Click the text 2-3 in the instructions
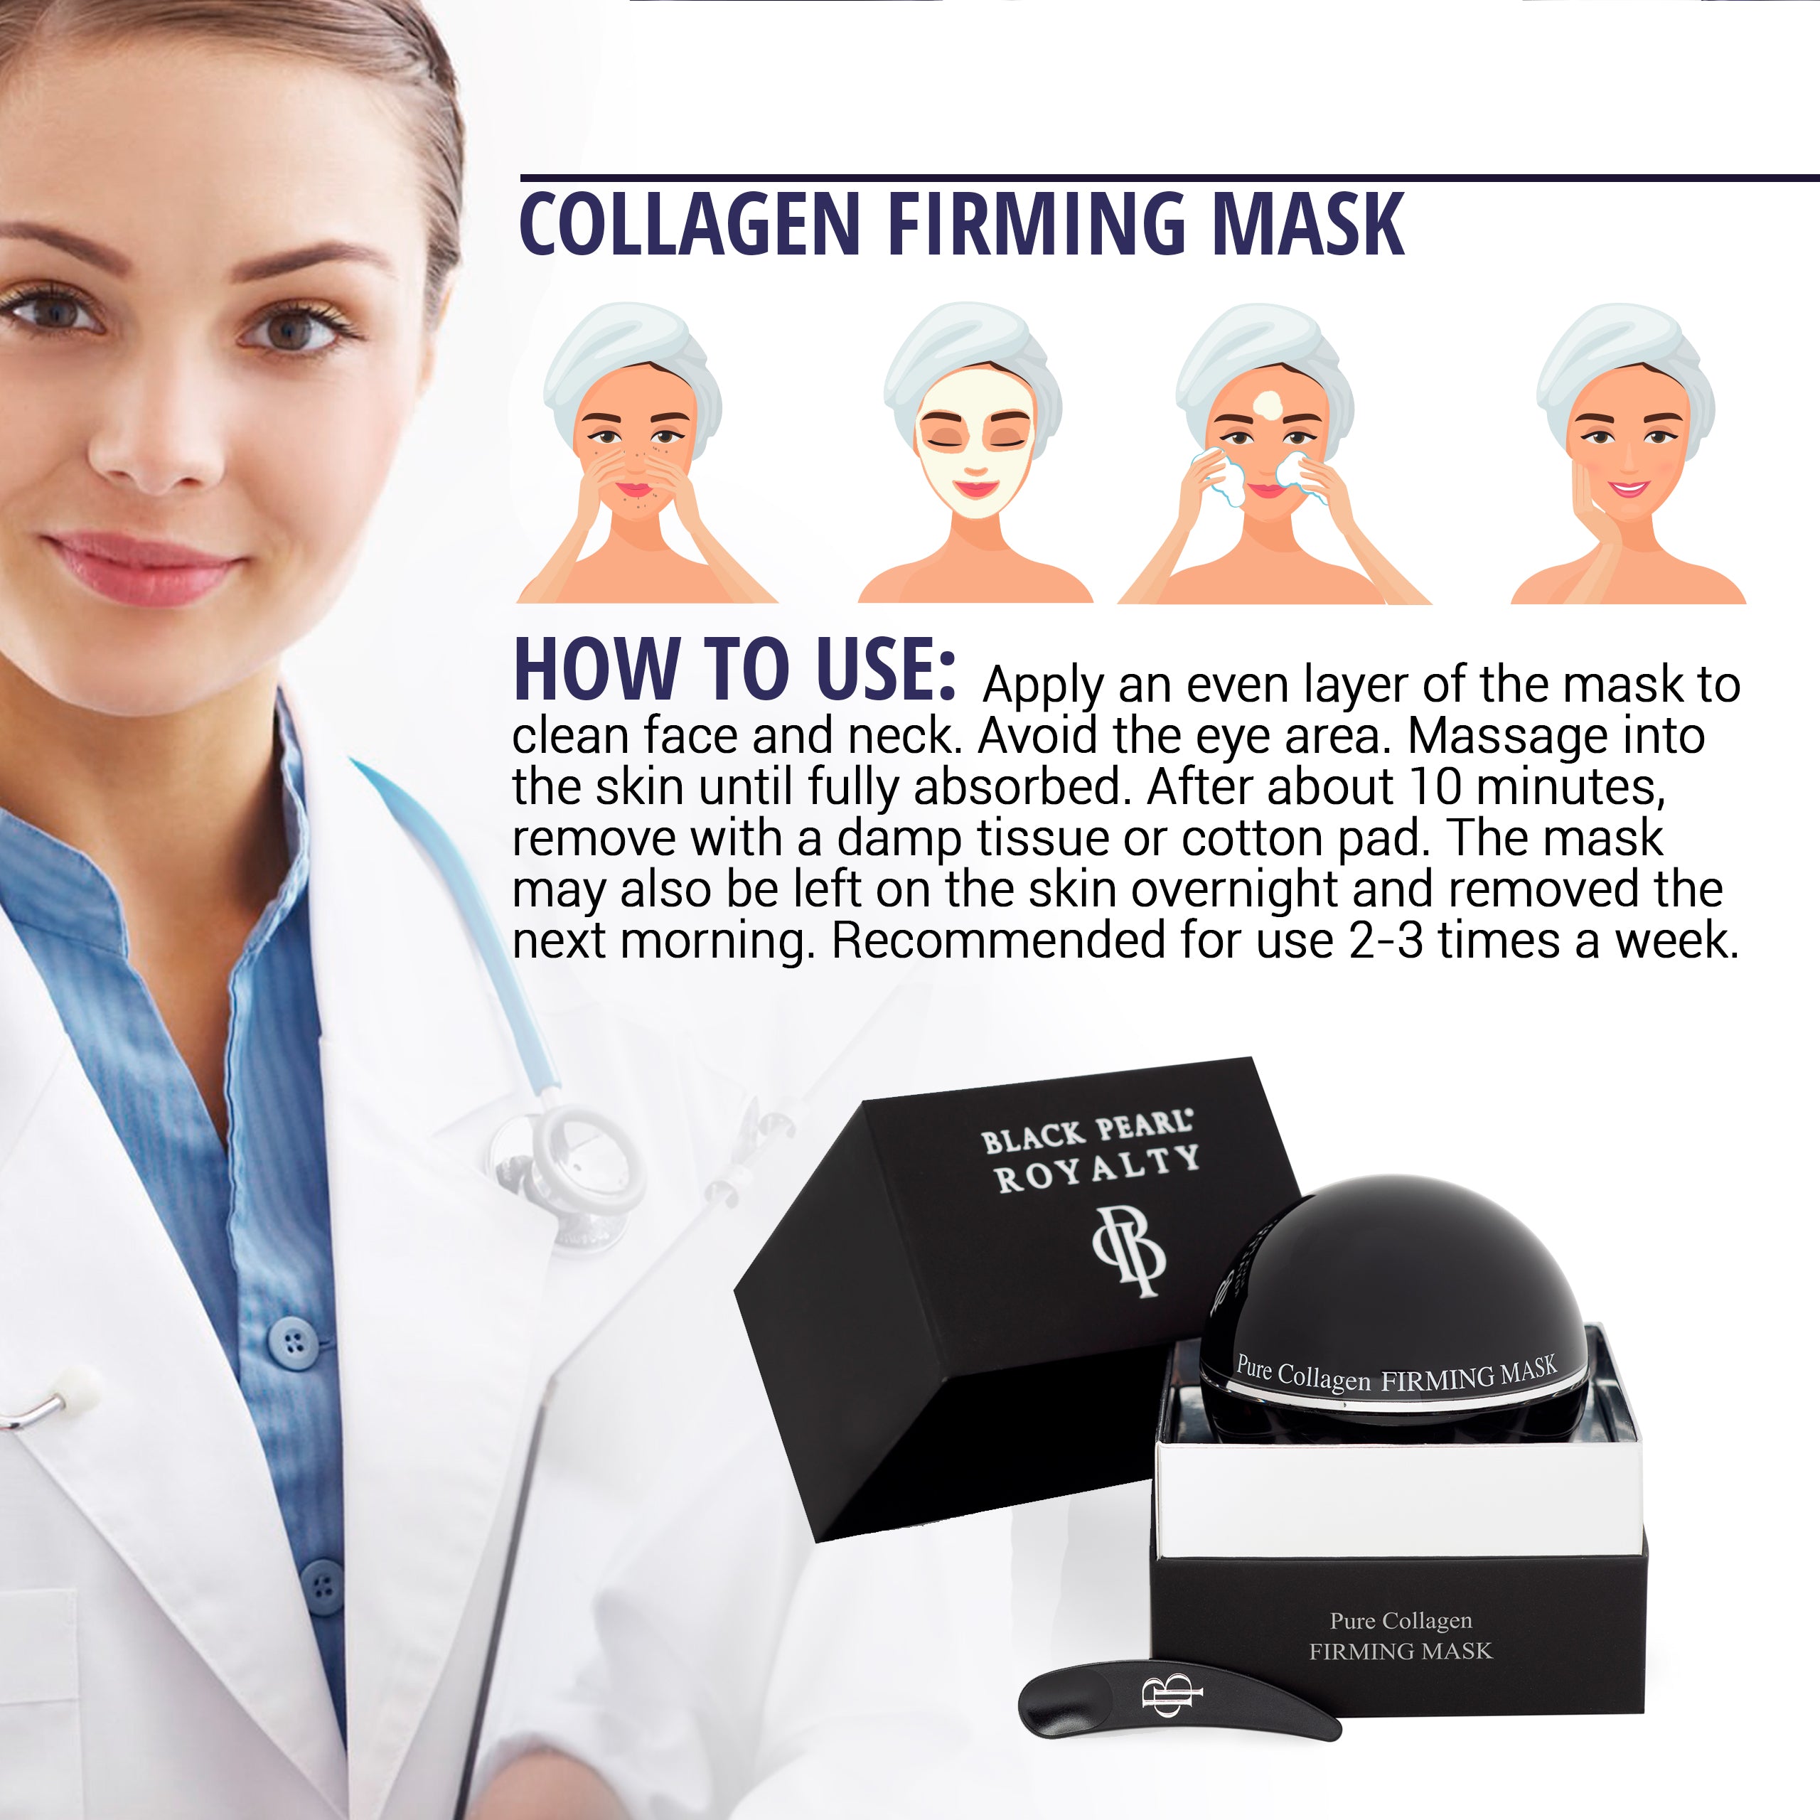pyautogui.click(x=1385, y=940)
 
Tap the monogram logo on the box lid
pyautogui.click(x=1128, y=1253)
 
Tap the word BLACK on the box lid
pyautogui.click(x=1034, y=1139)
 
